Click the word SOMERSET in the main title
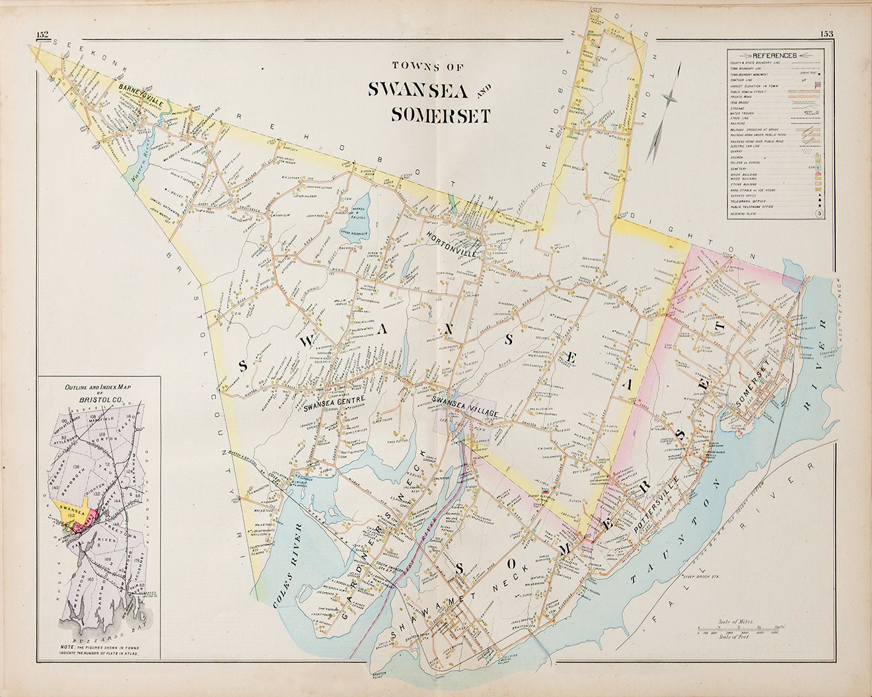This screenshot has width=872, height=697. coord(440,116)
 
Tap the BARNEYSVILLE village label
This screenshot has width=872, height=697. coord(141,96)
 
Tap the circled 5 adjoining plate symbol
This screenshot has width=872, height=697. coord(818,214)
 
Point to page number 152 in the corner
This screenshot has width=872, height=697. coord(43,35)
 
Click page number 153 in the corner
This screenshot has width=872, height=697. coord(827,35)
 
